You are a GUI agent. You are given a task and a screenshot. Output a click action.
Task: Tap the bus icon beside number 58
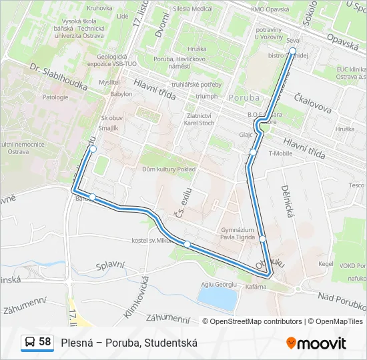click(30, 343)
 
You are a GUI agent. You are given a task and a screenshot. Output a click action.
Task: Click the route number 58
click(45, 342)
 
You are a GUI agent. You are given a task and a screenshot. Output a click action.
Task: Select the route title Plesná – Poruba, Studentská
click(129, 343)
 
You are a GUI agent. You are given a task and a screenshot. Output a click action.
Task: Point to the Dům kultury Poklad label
click(168, 169)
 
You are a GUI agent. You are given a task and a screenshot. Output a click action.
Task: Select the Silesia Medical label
click(192, 9)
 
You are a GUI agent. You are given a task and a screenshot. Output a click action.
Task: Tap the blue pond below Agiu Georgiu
click(218, 299)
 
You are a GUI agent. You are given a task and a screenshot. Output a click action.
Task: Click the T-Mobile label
click(280, 153)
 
